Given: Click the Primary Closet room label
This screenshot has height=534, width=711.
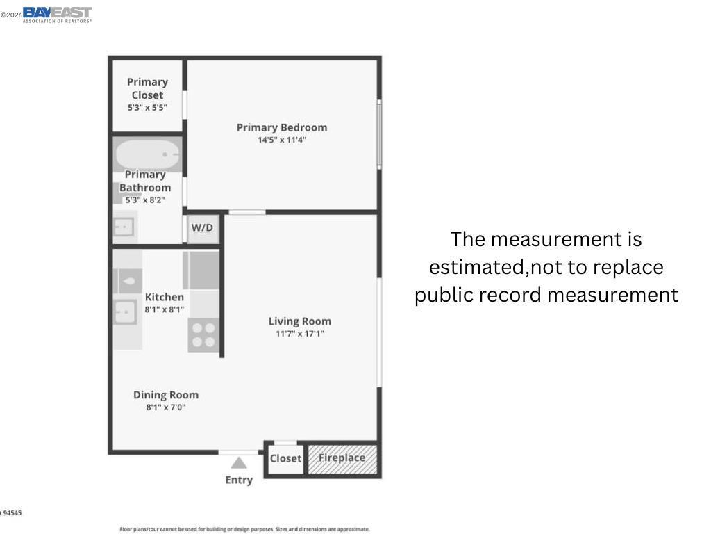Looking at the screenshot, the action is pos(147,88).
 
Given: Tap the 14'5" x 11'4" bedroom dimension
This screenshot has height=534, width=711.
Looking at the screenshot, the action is pos(282,140).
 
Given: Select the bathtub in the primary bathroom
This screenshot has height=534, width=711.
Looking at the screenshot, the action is pos(147,154).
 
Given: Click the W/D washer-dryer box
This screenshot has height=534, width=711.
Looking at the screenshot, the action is pos(203,228).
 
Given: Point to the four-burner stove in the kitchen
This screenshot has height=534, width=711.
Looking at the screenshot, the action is pos(203,335).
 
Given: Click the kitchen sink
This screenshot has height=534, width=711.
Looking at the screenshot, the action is pos(125,312).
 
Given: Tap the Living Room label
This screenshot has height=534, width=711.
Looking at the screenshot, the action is pos(300,321).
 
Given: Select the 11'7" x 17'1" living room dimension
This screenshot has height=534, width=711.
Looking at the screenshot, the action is pos(300,334).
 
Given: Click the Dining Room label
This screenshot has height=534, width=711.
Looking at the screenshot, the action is pos(166,395).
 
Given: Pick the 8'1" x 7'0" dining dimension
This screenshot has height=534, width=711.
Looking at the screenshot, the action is pos(166,407).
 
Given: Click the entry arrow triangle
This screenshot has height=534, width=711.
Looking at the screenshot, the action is pos(239,462).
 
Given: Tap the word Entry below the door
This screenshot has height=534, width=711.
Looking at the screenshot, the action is pos(239,480).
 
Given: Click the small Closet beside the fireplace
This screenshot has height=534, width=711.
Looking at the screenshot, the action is pos(285,459).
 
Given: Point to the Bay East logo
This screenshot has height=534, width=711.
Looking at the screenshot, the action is pos(57,15).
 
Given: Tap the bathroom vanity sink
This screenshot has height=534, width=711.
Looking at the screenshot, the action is pos(124,227).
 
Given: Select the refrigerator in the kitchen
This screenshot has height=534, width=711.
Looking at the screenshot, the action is pos(201,270).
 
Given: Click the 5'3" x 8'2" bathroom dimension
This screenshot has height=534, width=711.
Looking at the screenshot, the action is pos(145,200).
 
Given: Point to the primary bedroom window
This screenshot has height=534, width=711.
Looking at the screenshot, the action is pos(379,134).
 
